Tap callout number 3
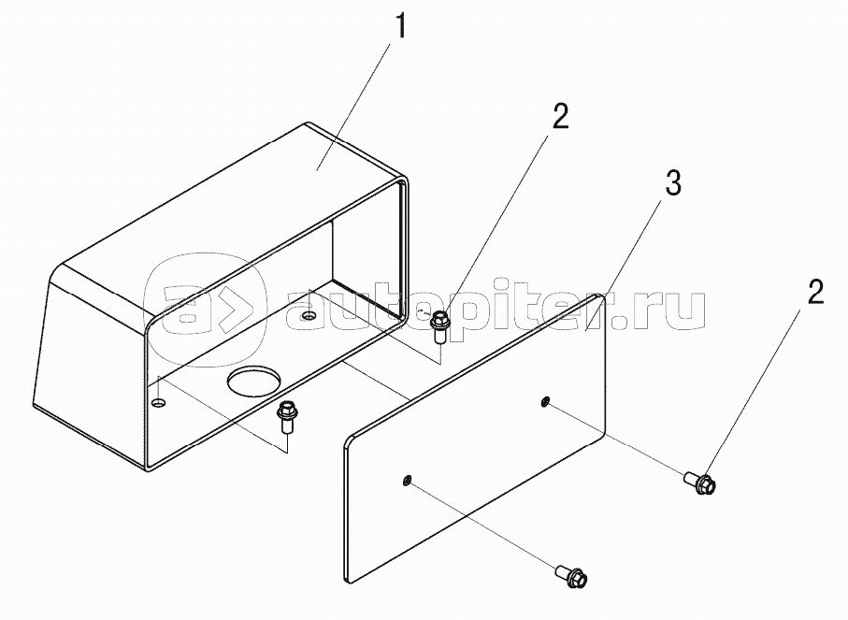click(x=672, y=183)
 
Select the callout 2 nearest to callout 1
click(x=560, y=117)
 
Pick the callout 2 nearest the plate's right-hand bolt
click(x=815, y=292)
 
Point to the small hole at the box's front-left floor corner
click(x=159, y=403)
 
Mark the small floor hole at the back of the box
click(x=309, y=315)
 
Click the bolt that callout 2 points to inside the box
click(x=439, y=326)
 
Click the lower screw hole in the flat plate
click(x=407, y=480)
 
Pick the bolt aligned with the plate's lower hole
click(x=571, y=576)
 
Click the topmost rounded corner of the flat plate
click(x=599, y=297)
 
